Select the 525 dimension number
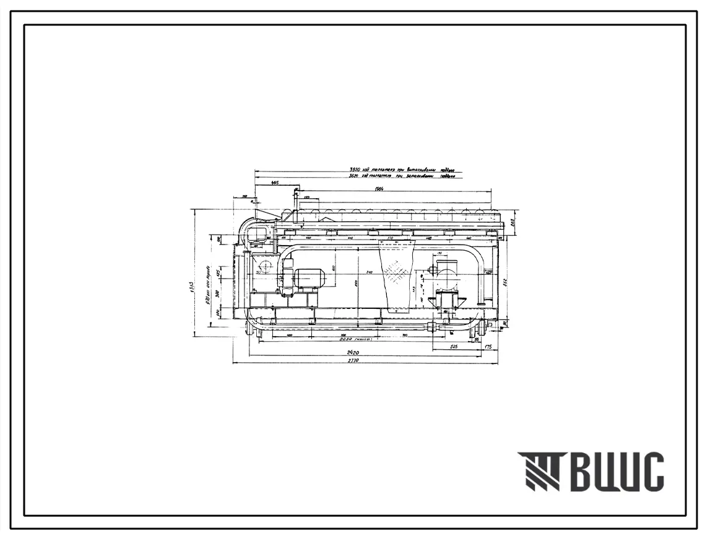pos(454,347)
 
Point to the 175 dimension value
pos(489,347)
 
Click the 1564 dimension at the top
pos(379,188)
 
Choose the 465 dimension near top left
pos(275,183)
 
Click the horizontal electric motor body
pos(309,279)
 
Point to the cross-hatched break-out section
pos(396,272)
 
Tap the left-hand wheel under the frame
pos(253,326)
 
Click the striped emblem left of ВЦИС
pos(538,472)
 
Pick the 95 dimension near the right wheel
pos(477,340)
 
